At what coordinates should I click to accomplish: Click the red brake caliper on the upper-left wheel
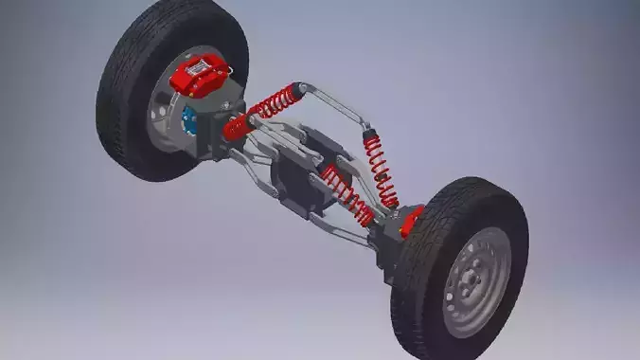[199, 74]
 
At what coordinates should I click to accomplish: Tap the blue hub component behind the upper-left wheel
[187, 120]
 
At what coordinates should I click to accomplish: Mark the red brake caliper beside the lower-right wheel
[411, 222]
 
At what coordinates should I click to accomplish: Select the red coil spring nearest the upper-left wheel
[274, 102]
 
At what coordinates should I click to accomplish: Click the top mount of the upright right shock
[366, 129]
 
